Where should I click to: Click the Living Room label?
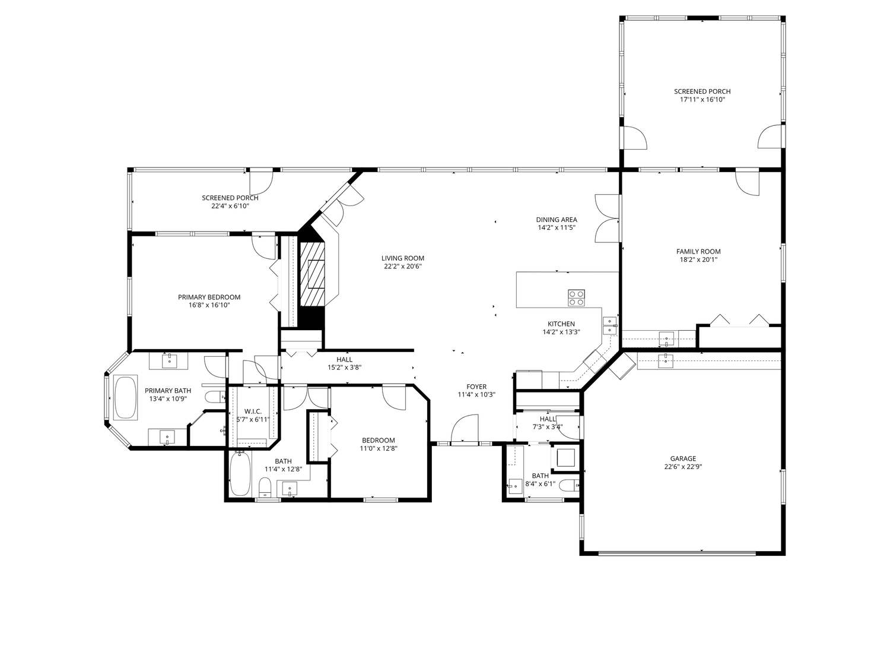pyautogui.click(x=403, y=258)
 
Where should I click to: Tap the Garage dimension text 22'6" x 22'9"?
pyautogui.click(x=683, y=467)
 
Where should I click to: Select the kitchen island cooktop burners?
pyautogui.click(x=576, y=297)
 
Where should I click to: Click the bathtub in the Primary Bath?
pyautogui.click(x=126, y=397)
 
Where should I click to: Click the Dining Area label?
pyautogui.click(x=557, y=220)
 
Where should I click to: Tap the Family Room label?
pyautogui.click(x=698, y=251)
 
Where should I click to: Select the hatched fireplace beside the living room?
pyautogui.click(x=312, y=274)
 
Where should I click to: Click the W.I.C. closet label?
pyautogui.click(x=253, y=411)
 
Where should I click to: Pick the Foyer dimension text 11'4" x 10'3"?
pyautogui.click(x=476, y=395)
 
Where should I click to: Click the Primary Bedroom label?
pyautogui.click(x=209, y=297)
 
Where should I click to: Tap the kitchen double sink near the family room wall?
pyautogui.click(x=609, y=325)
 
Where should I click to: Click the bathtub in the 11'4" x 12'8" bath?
pyautogui.click(x=240, y=474)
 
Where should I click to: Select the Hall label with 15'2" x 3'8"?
pyautogui.click(x=344, y=359)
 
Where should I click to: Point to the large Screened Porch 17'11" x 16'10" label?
pyautogui.click(x=703, y=91)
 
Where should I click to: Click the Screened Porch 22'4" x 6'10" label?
pyautogui.click(x=230, y=198)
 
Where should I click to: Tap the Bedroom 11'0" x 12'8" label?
pyautogui.click(x=379, y=441)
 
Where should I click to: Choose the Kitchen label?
pyautogui.click(x=561, y=324)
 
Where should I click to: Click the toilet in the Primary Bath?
pyautogui.click(x=215, y=396)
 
